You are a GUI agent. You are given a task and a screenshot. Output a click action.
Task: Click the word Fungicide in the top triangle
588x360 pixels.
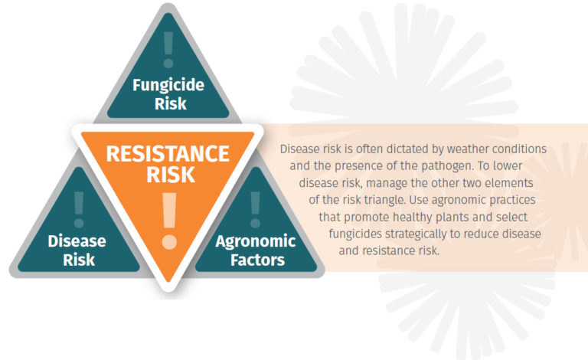pos(168,84)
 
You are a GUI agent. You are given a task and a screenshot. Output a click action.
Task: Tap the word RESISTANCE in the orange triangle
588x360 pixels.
pos(168,153)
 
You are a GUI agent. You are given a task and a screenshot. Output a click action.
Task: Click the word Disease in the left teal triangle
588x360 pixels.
pos(77,241)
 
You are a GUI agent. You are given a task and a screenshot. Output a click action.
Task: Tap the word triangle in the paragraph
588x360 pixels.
pos(385,199)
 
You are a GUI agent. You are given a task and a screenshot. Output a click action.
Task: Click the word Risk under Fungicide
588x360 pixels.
pos(168,103)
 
